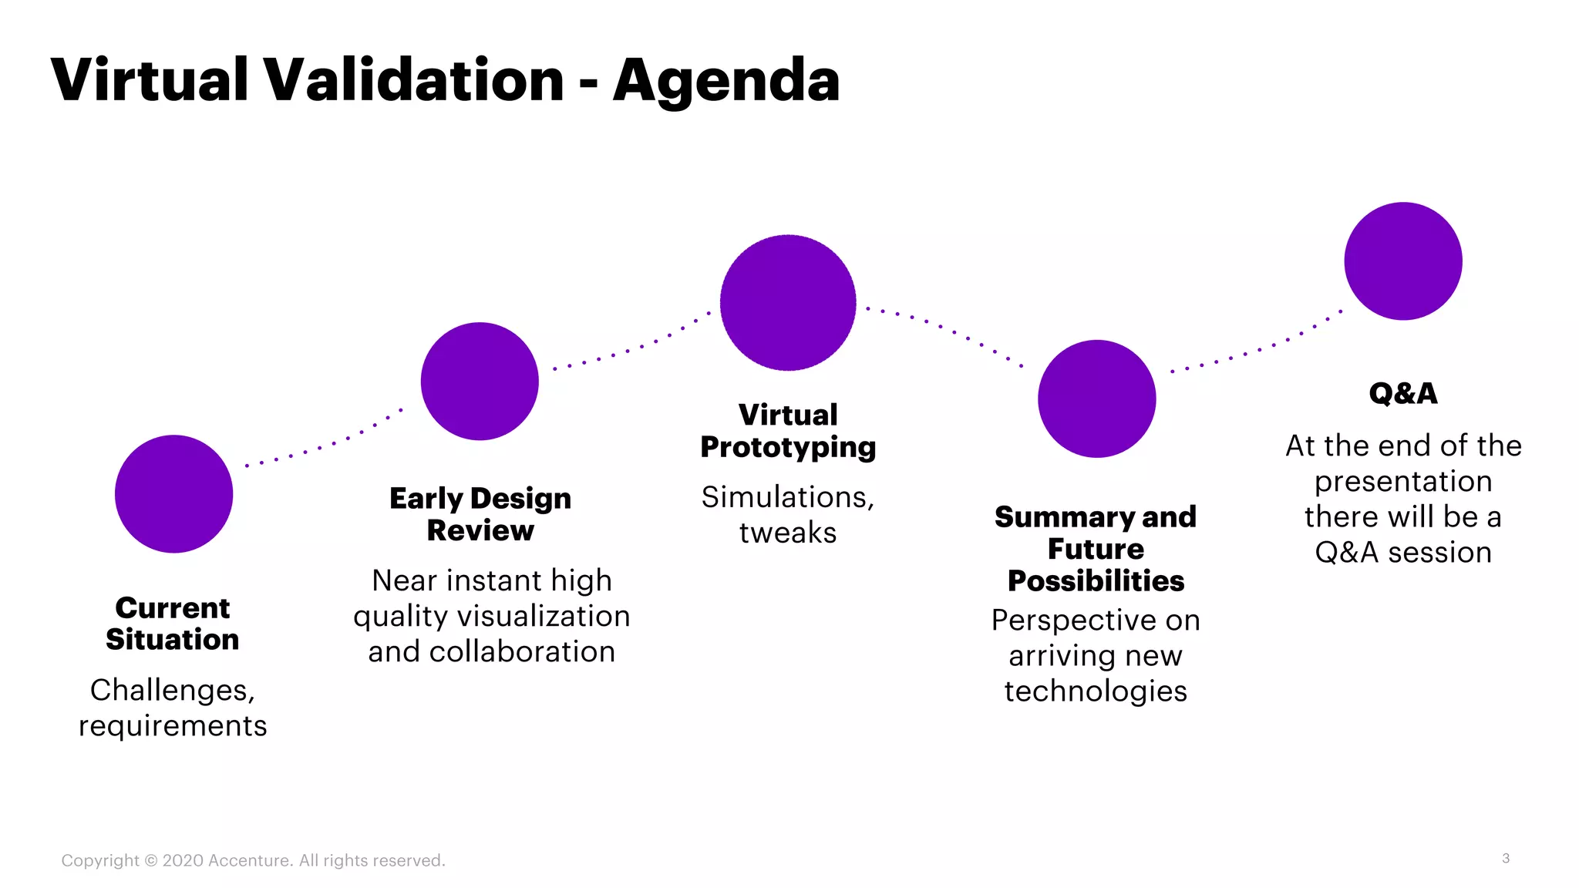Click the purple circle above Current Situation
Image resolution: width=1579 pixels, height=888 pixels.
coord(173,494)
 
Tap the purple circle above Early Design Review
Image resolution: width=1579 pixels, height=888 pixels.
coord(480,382)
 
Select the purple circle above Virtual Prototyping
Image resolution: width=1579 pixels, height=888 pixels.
coord(788,303)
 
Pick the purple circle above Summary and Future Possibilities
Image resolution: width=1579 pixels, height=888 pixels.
coord(1096,399)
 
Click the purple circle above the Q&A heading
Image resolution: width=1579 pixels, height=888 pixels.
coord(1403,261)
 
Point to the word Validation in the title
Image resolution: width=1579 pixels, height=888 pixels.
coord(415,80)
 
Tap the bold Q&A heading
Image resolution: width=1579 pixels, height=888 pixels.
coord(1403,394)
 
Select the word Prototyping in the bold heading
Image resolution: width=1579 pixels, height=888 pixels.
coord(788,448)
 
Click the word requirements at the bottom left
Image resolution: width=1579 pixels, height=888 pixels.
coord(173,726)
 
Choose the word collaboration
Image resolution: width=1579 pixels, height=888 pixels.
coord(522,652)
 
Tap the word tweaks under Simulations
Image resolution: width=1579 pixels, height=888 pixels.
coord(788,533)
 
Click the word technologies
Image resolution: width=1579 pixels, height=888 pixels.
coord(1096,691)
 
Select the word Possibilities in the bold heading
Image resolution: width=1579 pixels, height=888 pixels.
coord(1096,581)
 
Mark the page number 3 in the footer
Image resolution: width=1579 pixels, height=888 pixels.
coord(1506,858)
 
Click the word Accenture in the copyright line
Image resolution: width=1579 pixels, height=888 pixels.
coord(250,860)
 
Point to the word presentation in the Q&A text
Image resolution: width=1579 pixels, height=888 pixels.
coord(1403,482)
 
